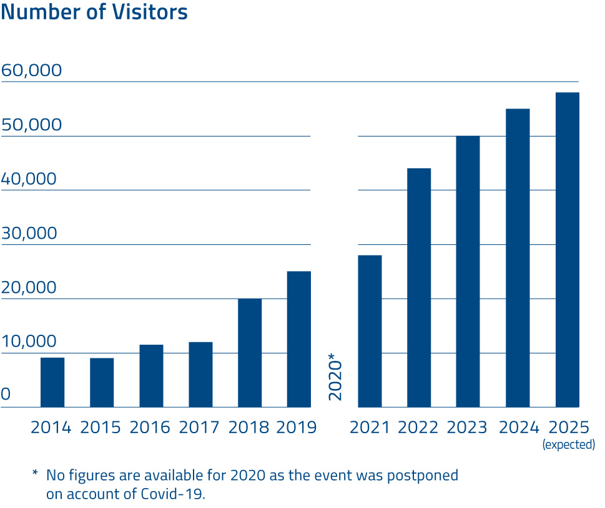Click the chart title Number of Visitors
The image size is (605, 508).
[94, 12]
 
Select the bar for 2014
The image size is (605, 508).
[52, 382]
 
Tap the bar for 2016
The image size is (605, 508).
[151, 376]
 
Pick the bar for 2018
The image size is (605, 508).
[250, 353]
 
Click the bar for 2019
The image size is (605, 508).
[299, 339]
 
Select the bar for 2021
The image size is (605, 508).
[370, 331]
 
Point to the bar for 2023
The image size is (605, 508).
[468, 271]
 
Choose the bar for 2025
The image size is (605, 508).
[568, 249]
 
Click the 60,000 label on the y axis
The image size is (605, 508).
[32, 70]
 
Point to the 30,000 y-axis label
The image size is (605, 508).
[29, 234]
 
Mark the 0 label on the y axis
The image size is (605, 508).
[6, 395]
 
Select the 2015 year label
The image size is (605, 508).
[101, 428]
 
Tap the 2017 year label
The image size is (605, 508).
[199, 428]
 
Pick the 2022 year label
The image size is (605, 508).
[418, 428]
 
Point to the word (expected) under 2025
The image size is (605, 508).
[568, 445]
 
